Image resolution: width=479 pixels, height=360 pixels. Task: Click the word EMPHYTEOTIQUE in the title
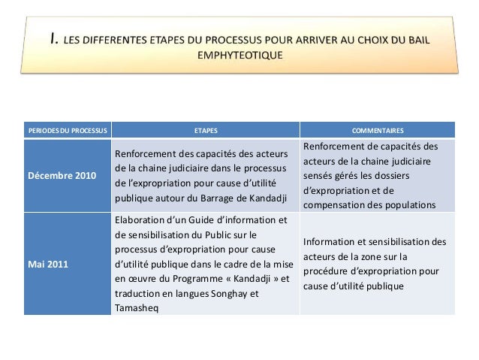[239, 55]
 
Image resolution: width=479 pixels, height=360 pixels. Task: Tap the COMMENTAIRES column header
[378, 130]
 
